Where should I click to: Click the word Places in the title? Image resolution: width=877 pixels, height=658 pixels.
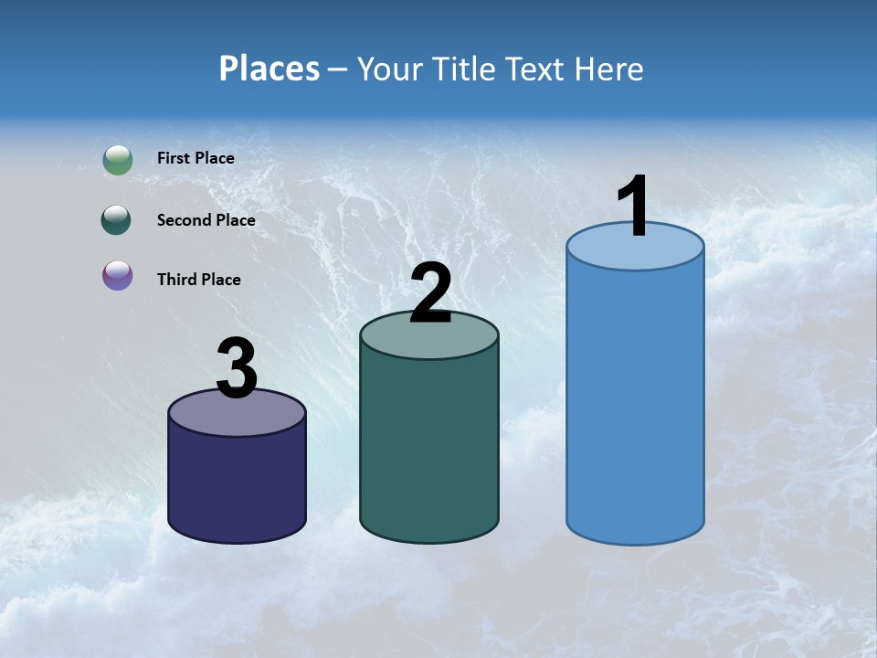coord(269,69)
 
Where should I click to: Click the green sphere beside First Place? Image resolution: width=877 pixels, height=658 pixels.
coord(117,160)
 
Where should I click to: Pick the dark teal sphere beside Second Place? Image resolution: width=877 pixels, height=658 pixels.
coord(117,220)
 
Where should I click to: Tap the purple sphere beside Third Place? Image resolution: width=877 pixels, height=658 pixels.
coord(117,275)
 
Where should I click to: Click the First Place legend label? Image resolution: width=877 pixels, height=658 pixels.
coord(195,158)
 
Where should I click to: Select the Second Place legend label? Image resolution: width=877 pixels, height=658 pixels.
coord(206,220)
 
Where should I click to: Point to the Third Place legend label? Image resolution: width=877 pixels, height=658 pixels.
coord(198,280)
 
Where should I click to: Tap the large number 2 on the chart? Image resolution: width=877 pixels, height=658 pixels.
coord(430,292)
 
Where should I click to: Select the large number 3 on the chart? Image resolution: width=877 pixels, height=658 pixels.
coord(237,368)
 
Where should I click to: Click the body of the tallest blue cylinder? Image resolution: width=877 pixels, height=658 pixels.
coord(635,402)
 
